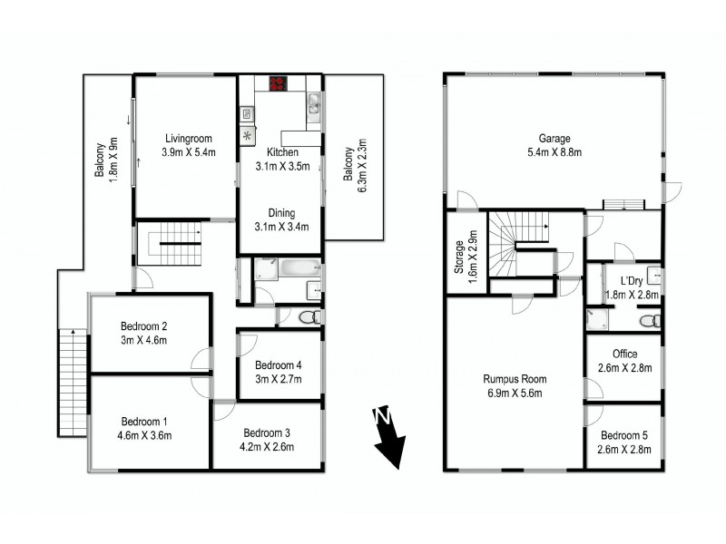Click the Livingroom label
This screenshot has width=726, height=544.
[188, 145]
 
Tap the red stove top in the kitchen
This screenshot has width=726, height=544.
[277, 84]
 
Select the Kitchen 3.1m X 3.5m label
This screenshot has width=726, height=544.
[283, 160]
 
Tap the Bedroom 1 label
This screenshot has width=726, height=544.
[144, 428]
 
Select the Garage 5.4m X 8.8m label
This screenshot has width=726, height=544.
[554, 145]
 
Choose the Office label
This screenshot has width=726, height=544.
[625, 361]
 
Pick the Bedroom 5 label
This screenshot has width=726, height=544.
[625, 441]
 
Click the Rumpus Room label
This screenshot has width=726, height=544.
[515, 386]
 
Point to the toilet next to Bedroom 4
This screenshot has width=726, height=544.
[307, 316]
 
